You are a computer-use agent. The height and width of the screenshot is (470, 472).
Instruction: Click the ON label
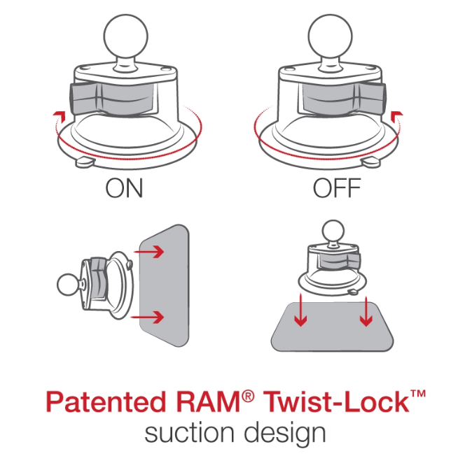click(124, 189)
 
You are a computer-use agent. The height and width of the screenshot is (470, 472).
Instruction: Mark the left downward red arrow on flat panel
click(300, 312)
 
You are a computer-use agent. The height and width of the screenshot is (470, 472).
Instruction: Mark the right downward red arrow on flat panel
click(366, 312)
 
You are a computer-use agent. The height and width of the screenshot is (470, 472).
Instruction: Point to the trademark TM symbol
click(417, 396)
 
